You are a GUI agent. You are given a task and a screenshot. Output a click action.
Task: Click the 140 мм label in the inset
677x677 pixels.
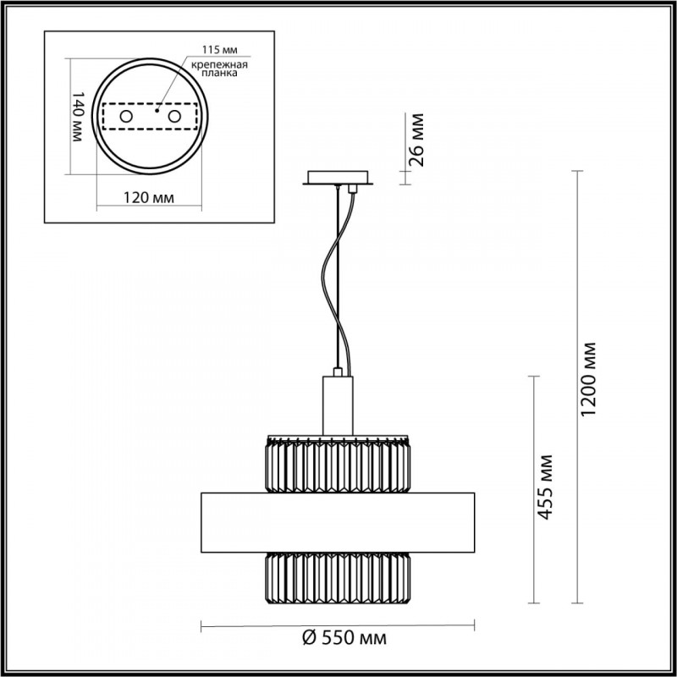coord(77,116)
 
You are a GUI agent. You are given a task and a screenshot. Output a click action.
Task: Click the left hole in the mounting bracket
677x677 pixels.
coord(125,116)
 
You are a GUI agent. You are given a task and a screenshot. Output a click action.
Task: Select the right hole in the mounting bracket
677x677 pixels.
coord(175,116)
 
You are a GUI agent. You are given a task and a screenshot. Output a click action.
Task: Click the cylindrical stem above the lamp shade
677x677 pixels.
coord(338,405)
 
